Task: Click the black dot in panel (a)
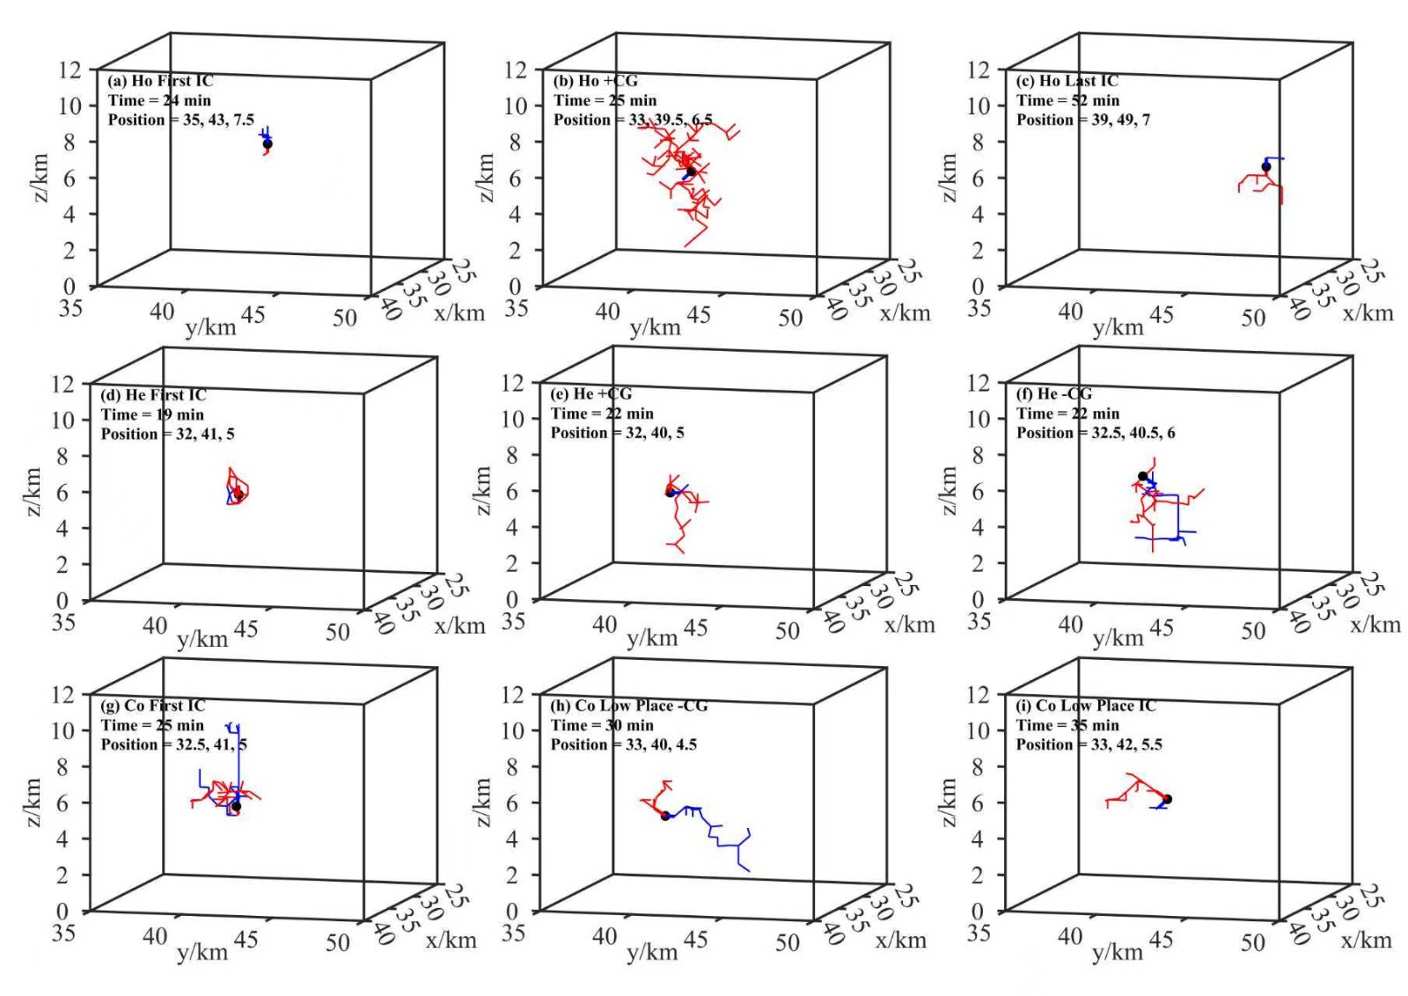(x=268, y=143)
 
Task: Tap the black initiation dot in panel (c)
(x=1265, y=166)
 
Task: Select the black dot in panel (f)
(x=1142, y=476)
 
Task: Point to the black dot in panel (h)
(x=665, y=816)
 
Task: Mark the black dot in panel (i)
(x=1167, y=799)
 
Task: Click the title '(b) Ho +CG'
(x=595, y=81)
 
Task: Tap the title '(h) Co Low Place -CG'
(x=628, y=706)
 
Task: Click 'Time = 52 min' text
(x=1067, y=100)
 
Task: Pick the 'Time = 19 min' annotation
(x=152, y=414)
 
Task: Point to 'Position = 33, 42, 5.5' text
(x=1089, y=744)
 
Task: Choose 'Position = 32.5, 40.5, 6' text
(x=1095, y=433)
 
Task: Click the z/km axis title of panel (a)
(x=40, y=178)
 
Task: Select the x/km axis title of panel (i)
(x=1366, y=940)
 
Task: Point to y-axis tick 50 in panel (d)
(x=337, y=632)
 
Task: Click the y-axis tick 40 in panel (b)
(x=607, y=311)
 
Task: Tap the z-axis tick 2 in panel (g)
(x=62, y=875)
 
